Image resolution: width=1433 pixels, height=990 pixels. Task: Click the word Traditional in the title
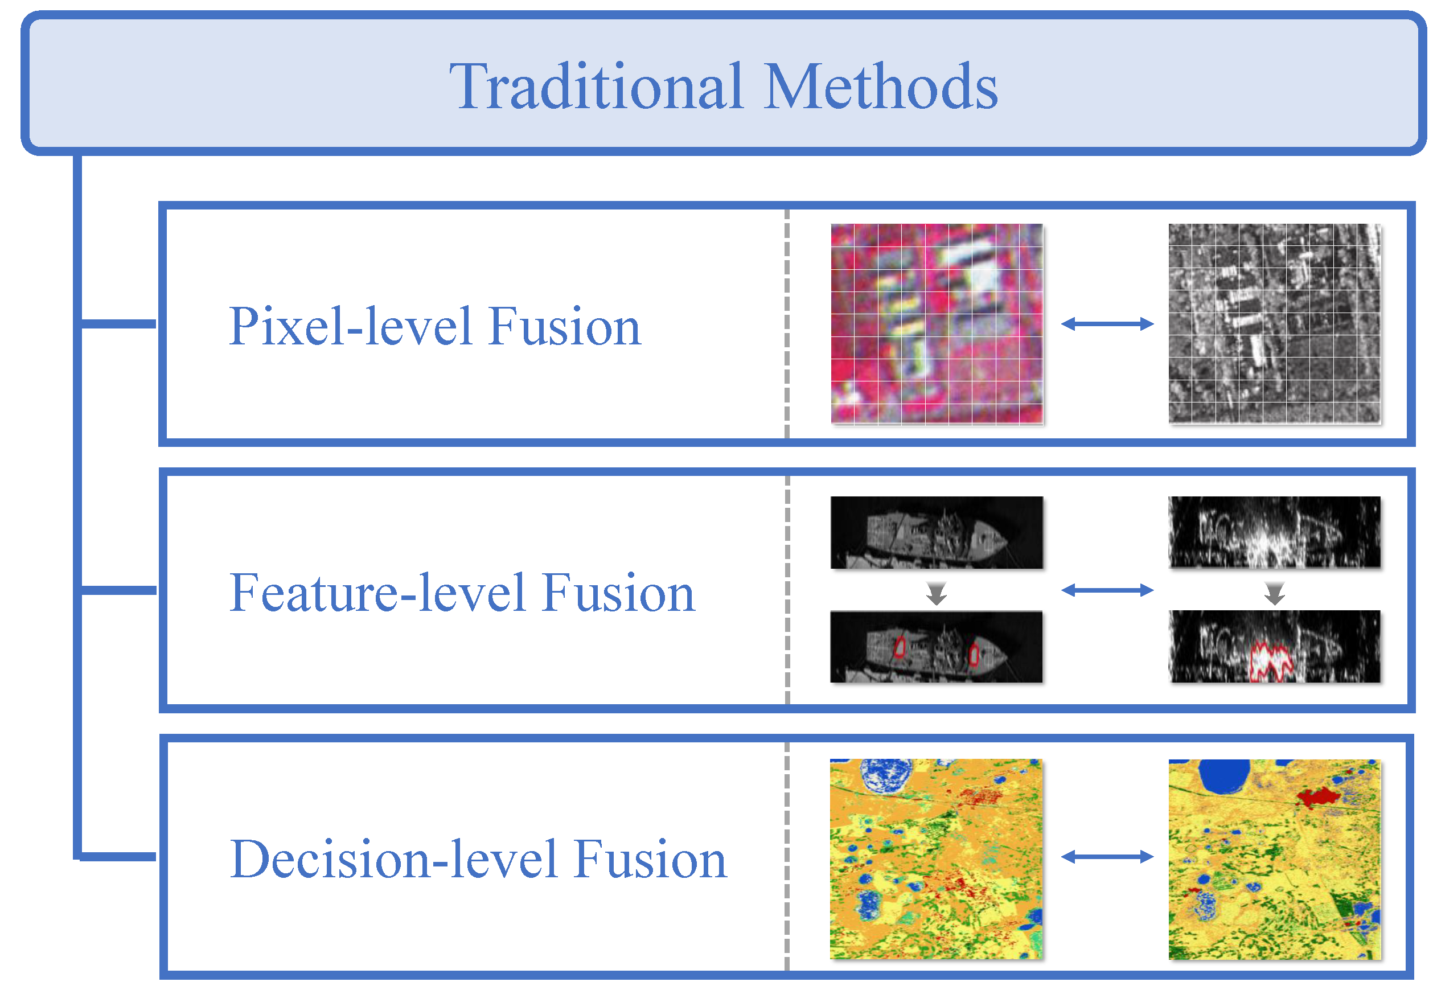(x=596, y=87)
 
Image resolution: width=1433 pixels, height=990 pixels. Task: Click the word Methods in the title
(x=881, y=87)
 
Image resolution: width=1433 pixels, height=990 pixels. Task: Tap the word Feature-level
(x=376, y=593)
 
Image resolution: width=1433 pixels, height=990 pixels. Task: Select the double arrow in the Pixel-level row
(x=1107, y=324)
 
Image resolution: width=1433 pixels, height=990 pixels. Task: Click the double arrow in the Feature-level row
(x=1107, y=590)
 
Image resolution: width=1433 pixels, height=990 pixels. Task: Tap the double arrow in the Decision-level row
(x=1107, y=857)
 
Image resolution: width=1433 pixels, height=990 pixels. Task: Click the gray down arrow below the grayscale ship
(x=937, y=594)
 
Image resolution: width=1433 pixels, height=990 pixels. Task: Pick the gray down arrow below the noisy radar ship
(x=1275, y=594)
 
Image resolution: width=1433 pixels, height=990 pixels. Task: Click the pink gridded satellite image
(x=937, y=324)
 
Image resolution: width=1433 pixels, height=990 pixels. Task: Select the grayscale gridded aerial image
(x=1275, y=324)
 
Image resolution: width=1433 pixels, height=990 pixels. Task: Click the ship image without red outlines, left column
(x=937, y=532)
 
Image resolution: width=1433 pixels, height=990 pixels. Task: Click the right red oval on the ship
(x=974, y=654)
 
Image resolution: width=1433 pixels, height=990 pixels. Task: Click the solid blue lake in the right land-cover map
(x=1224, y=775)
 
